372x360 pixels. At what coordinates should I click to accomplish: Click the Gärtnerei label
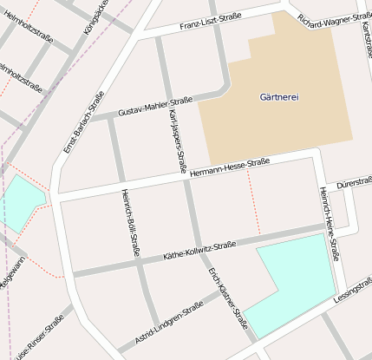pos(279,96)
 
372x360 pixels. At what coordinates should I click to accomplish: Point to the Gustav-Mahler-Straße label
pos(155,108)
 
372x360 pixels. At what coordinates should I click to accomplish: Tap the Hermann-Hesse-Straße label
pos(230,168)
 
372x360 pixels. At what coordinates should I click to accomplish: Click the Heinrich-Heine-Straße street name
pos(329,223)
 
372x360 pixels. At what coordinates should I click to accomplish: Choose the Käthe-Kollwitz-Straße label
pos(199,252)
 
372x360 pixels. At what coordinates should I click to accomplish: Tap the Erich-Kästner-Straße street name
pos(228,301)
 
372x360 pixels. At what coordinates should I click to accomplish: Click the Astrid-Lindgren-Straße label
pos(169,322)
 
